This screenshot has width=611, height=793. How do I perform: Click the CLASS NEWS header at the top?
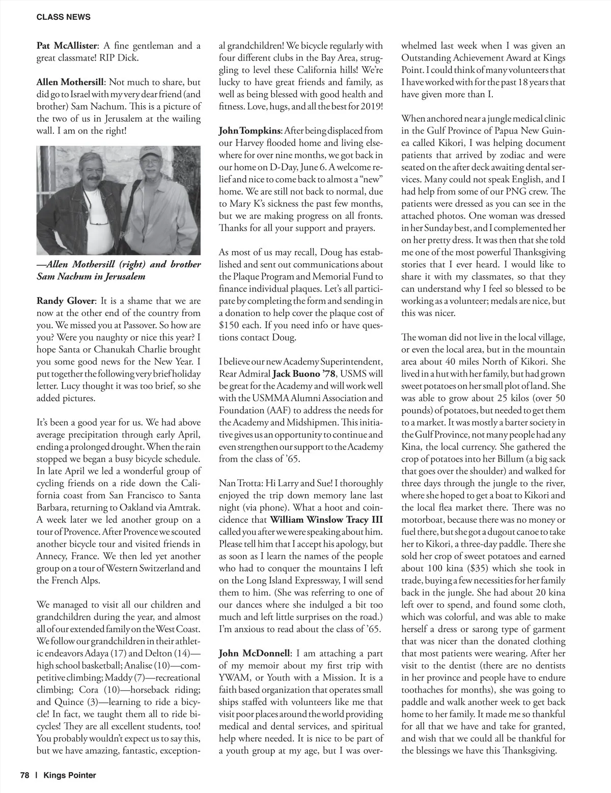[64, 17]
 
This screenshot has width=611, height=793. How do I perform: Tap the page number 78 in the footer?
[25, 775]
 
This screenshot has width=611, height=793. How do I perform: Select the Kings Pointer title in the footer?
[70, 775]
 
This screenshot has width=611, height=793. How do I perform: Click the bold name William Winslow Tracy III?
[326, 520]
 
